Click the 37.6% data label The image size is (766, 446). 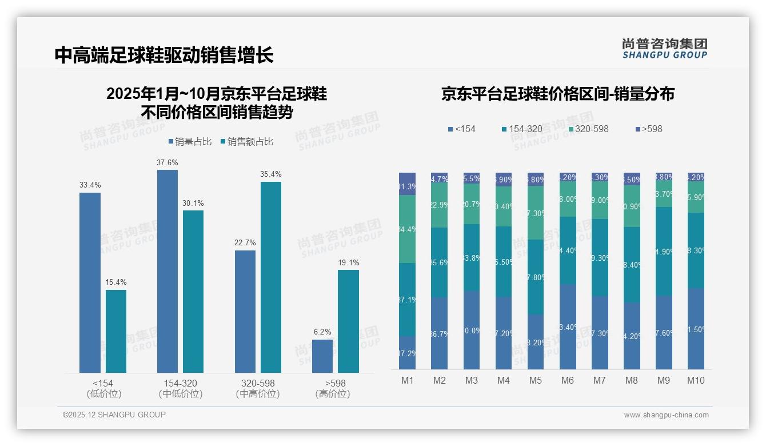pos(167,163)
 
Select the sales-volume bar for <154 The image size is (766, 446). pos(90,282)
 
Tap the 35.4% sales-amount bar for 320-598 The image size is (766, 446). pos(270,277)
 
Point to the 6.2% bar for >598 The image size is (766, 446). pos(322,356)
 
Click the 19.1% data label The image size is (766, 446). pos(348,263)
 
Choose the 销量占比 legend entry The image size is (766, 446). pos(191,142)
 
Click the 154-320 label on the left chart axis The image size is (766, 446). pos(180,383)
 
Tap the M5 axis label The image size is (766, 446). pos(535,381)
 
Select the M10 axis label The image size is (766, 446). pos(695,381)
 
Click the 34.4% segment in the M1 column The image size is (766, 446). pos(407,229)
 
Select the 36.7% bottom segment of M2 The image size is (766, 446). pos(439,333)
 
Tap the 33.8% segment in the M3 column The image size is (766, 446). pos(471,257)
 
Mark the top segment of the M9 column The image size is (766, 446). pos(663,177)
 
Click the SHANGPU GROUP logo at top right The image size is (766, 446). pos(664,49)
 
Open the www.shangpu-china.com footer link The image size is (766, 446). pos(666,415)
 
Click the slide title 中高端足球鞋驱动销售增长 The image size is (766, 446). pos(164,55)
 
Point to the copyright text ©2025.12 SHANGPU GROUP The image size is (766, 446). pos(114,415)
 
